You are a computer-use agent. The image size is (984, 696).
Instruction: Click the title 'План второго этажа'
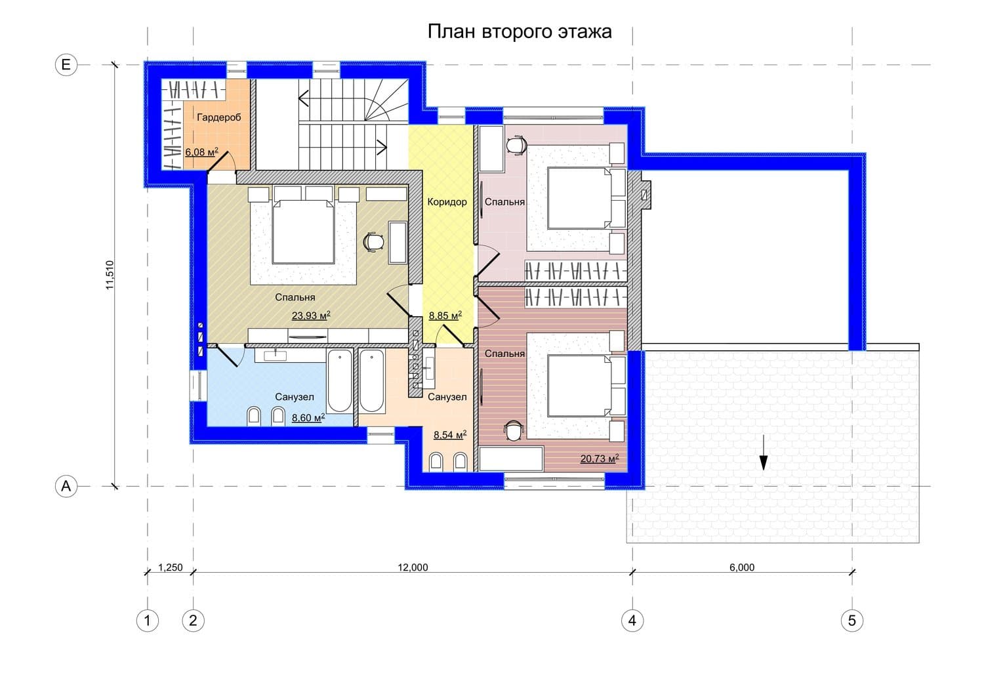520,32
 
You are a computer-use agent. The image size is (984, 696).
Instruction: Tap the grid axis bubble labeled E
66,65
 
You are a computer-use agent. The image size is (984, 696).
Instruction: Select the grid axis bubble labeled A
66,486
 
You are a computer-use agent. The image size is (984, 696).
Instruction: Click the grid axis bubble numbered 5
852,621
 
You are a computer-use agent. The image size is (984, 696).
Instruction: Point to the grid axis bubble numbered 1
147,621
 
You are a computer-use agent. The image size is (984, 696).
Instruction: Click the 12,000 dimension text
413,567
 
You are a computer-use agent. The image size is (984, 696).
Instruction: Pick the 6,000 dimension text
742,567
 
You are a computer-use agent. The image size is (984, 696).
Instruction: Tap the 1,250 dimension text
171,567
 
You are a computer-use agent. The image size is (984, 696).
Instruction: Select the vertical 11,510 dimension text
110,275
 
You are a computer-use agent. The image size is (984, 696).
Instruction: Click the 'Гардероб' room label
218,117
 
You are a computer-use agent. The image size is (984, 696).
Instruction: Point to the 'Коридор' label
447,202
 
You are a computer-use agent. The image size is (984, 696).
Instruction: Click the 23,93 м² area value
311,316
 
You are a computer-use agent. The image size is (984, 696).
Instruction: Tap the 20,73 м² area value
600,459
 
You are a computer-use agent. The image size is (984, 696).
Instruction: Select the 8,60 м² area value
308,417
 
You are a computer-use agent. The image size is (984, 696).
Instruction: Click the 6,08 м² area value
201,152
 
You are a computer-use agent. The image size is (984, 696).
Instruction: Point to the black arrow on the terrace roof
764,453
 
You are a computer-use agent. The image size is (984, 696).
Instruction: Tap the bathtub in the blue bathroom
340,381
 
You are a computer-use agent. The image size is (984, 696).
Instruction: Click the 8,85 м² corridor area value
445,316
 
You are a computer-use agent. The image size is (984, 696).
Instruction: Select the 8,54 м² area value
450,435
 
